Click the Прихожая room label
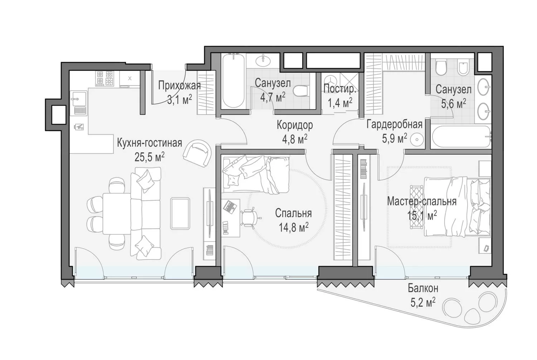click(x=179, y=85)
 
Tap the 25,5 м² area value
click(x=149, y=157)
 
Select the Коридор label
click(x=295, y=125)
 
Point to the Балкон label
click(x=423, y=288)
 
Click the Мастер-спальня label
click(x=422, y=201)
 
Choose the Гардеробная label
click(x=395, y=125)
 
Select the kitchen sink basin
click(x=79, y=99)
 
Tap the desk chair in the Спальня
click(x=250, y=218)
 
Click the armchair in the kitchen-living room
click(x=197, y=153)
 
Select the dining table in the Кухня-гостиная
click(x=117, y=214)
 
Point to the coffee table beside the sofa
click(x=180, y=213)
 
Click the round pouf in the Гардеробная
click(x=417, y=139)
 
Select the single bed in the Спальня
click(x=256, y=174)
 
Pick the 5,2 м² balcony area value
click(x=423, y=302)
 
